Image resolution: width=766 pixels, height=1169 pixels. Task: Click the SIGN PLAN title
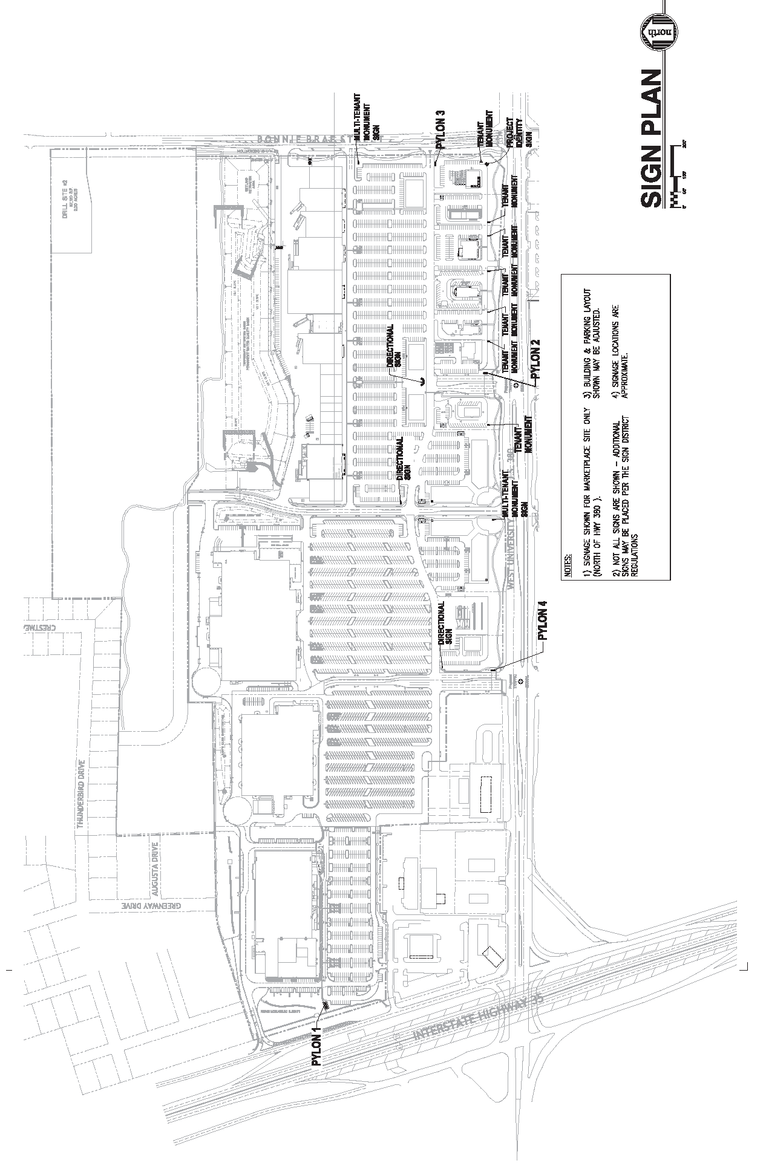(651, 139)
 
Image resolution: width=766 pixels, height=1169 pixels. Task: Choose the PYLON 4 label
(543, 620)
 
